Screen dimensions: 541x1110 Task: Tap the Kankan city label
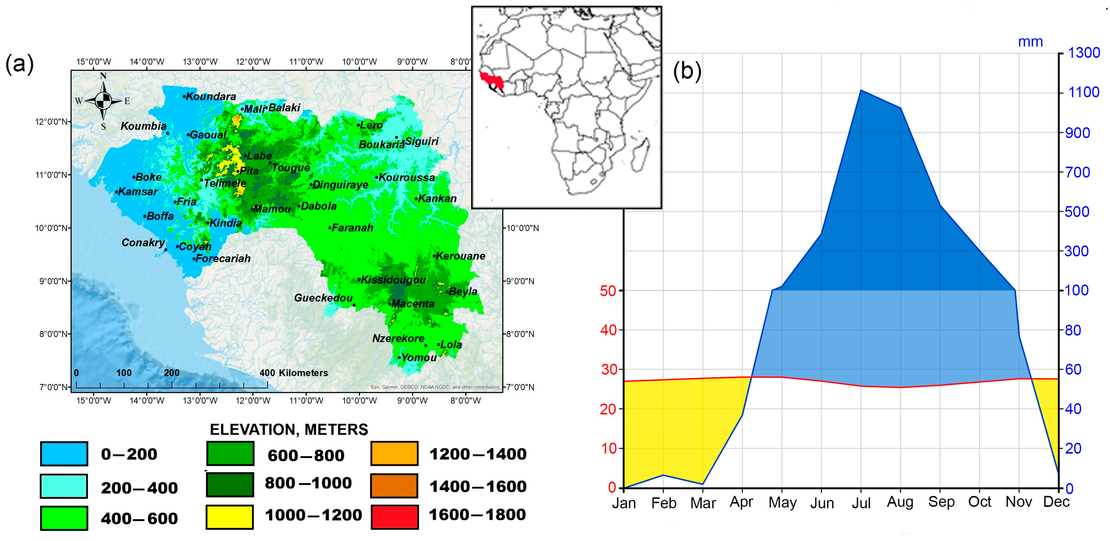pyautogui.click(x=437, y=198)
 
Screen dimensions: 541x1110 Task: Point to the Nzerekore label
pyautogui.click(x=398, y=338)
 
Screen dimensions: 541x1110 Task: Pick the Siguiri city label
pyautogui.click(x=421, y=141)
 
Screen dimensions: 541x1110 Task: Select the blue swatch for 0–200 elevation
pyautogui.click(x=64, y=453)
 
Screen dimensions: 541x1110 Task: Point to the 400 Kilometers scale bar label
pyautogui.click(x=294, y=373)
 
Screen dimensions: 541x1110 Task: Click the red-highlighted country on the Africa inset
pyautogui.click(x=490, y=79)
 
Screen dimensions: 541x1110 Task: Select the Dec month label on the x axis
pyautogui.click(x=1056, y=502)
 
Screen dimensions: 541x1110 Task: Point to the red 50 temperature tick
pyautogui.click(x=608, y=291)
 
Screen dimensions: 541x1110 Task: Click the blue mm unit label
pyautogui.click(x=1030, y=42)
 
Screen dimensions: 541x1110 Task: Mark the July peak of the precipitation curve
pyautogui.click(x=861, y=90)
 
